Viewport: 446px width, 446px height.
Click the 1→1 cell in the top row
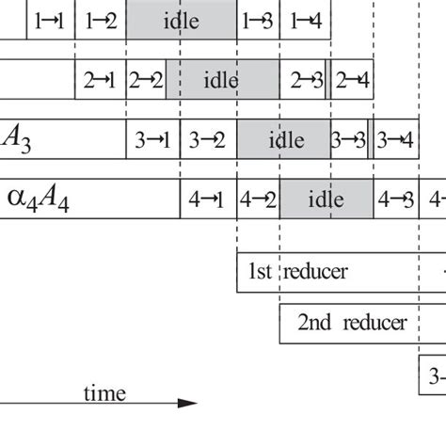click(49, 20)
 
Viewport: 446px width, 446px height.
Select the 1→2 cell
click(100, 20)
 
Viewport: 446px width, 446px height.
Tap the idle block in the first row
click(181, 20)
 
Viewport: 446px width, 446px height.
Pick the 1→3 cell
click(258, 20)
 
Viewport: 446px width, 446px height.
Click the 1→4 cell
click(306, 20)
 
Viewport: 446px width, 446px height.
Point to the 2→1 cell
click(101, 80)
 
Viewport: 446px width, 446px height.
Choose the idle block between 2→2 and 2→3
click(223, 80)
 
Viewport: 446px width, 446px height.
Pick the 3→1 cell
click(152, 140)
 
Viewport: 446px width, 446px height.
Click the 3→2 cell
click(208, 140)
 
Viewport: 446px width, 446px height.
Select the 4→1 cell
click(208, 199)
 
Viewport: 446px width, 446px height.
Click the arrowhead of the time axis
click(190, 404)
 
